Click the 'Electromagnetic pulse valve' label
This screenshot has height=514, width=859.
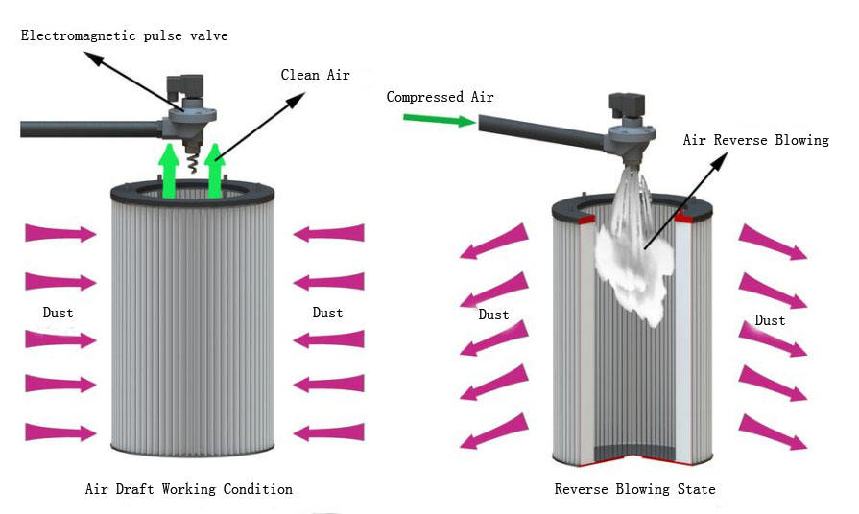coord(126,35)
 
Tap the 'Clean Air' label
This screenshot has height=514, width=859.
coord(315,74)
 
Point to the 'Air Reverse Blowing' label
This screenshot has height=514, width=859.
coord(755,140)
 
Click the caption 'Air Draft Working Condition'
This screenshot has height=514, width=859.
coord(189,489)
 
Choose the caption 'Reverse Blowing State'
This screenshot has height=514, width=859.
coord(634,489)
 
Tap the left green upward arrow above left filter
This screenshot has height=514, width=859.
coord(169,172)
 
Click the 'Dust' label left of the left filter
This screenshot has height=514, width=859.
coord(58,312)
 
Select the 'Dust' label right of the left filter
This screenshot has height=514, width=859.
coord(327,312)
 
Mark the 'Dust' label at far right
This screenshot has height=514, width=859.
coord(770,320)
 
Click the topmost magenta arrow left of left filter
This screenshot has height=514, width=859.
coord(60,232)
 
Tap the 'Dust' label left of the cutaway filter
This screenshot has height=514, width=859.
coord(493,315)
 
